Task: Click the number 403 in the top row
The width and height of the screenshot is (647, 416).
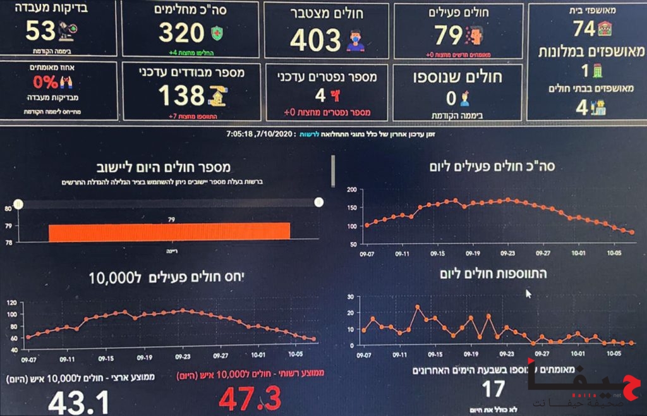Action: click(x=316, y=40)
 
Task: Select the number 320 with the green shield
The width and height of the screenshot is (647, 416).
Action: click(x=181, y=33)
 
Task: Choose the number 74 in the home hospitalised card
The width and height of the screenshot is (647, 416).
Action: click(x=584, y=28)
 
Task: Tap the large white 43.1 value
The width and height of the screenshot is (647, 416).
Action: click(x=79, y=402)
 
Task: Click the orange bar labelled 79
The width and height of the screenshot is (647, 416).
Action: click(x=169, y=231)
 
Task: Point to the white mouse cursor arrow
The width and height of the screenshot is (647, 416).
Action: click(x=529, y=293)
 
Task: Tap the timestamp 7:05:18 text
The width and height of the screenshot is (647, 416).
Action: click(x=240, y=134)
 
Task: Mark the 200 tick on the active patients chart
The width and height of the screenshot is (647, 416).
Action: click(x=353, y=190)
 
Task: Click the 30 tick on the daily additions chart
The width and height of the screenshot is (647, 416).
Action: click(x=353, y=297)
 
